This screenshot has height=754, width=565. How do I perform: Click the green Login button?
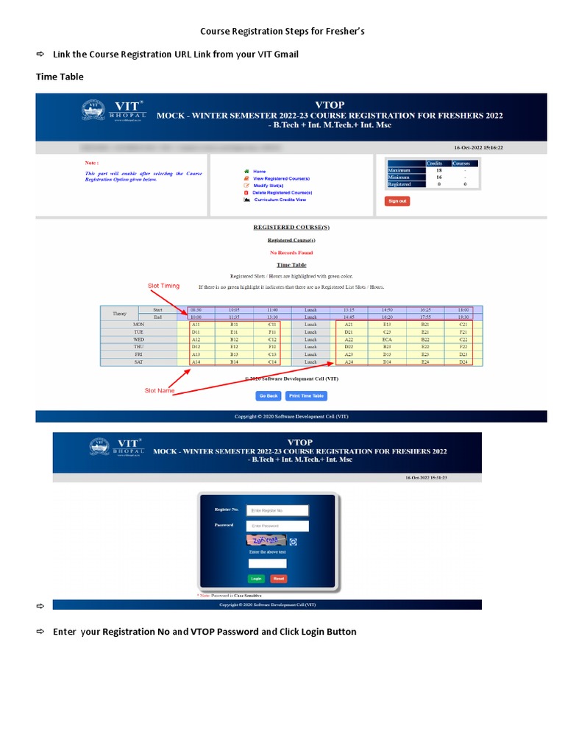pos(256,579)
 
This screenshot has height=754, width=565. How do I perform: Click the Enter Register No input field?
pos(277,510)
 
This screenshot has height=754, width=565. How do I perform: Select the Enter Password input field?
pos(277,526)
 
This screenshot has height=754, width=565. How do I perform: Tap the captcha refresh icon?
pos(293,542)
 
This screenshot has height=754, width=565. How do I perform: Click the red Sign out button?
pos(397,201)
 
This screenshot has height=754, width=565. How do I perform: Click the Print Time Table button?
pos(306,395)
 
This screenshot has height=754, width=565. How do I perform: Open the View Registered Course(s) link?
pos(281,179)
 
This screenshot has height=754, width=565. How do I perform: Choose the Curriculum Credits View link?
pos(280,200)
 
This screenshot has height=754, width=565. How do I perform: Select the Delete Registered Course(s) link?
pos(282,193)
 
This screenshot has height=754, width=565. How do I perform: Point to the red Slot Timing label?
pos(163,286)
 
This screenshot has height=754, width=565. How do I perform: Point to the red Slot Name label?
pos(160,390)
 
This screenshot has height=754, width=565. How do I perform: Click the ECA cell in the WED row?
pos(387,339)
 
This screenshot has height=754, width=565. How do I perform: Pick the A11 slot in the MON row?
pos(195,324)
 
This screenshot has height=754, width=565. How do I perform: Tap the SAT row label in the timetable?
pos(138,362)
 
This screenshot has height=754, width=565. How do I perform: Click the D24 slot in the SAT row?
pos(463,362)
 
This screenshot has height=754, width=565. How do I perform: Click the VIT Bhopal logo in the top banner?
pos(113,111)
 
